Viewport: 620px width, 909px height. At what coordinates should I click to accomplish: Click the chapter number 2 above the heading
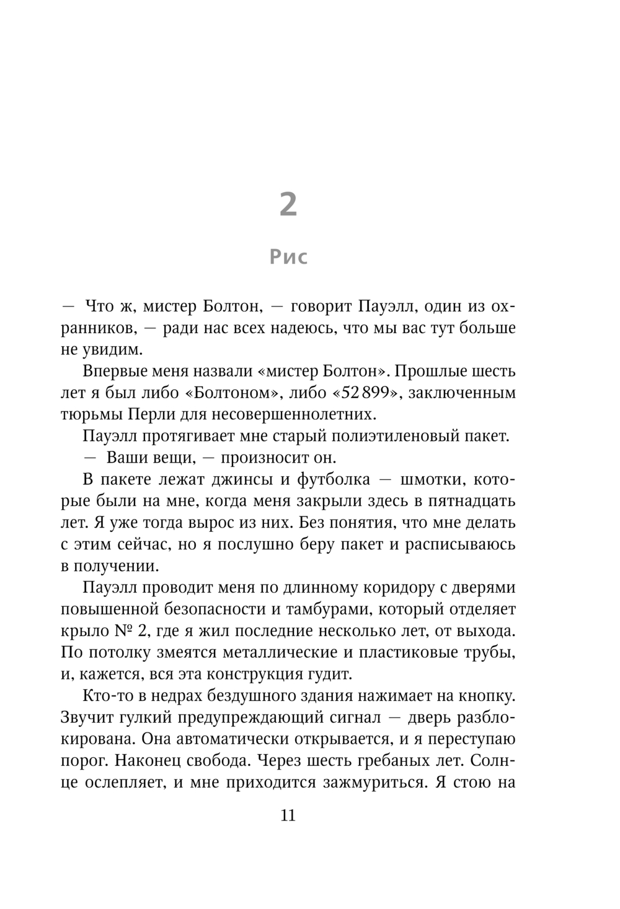pos(288,204)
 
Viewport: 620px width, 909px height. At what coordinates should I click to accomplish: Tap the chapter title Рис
pos(288,256)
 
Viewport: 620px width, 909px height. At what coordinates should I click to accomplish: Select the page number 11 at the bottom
pos(288,815)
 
